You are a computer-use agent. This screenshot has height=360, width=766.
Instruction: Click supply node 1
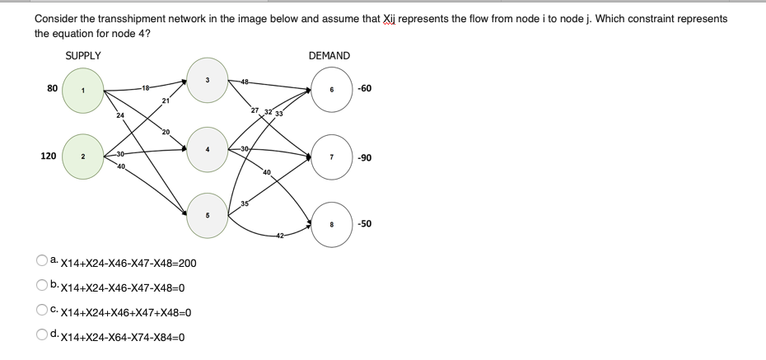[82, 89]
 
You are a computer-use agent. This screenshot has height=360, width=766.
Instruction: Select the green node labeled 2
[82, 155]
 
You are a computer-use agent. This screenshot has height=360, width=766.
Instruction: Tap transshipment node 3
[207, 79]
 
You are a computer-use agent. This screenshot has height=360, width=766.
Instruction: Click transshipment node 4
[207, 148]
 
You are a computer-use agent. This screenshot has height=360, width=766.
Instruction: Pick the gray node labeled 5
[207, 215]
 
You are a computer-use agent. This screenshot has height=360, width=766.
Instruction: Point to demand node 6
[330, 89]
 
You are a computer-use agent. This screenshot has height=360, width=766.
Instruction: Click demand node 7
[330, 157]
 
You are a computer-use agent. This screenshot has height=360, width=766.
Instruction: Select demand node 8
[330, 222]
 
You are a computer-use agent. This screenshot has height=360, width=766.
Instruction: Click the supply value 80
[54, 88]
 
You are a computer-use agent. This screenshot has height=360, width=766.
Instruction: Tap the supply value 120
[49, 155]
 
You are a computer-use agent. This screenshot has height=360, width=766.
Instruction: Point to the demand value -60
[366, 89]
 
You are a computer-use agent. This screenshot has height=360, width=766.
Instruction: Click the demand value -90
[366, 157]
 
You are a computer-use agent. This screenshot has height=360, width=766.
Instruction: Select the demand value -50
[366, 223]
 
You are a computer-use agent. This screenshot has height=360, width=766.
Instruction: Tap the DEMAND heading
[329, 56]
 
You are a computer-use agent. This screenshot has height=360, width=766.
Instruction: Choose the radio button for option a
[41, 261]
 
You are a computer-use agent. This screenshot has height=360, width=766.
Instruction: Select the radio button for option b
[41, 286]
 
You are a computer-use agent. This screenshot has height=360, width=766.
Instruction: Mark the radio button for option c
[41, 311]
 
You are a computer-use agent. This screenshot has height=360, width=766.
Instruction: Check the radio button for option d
[41, 335]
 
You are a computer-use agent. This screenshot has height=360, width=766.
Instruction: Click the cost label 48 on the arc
[245, 80]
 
